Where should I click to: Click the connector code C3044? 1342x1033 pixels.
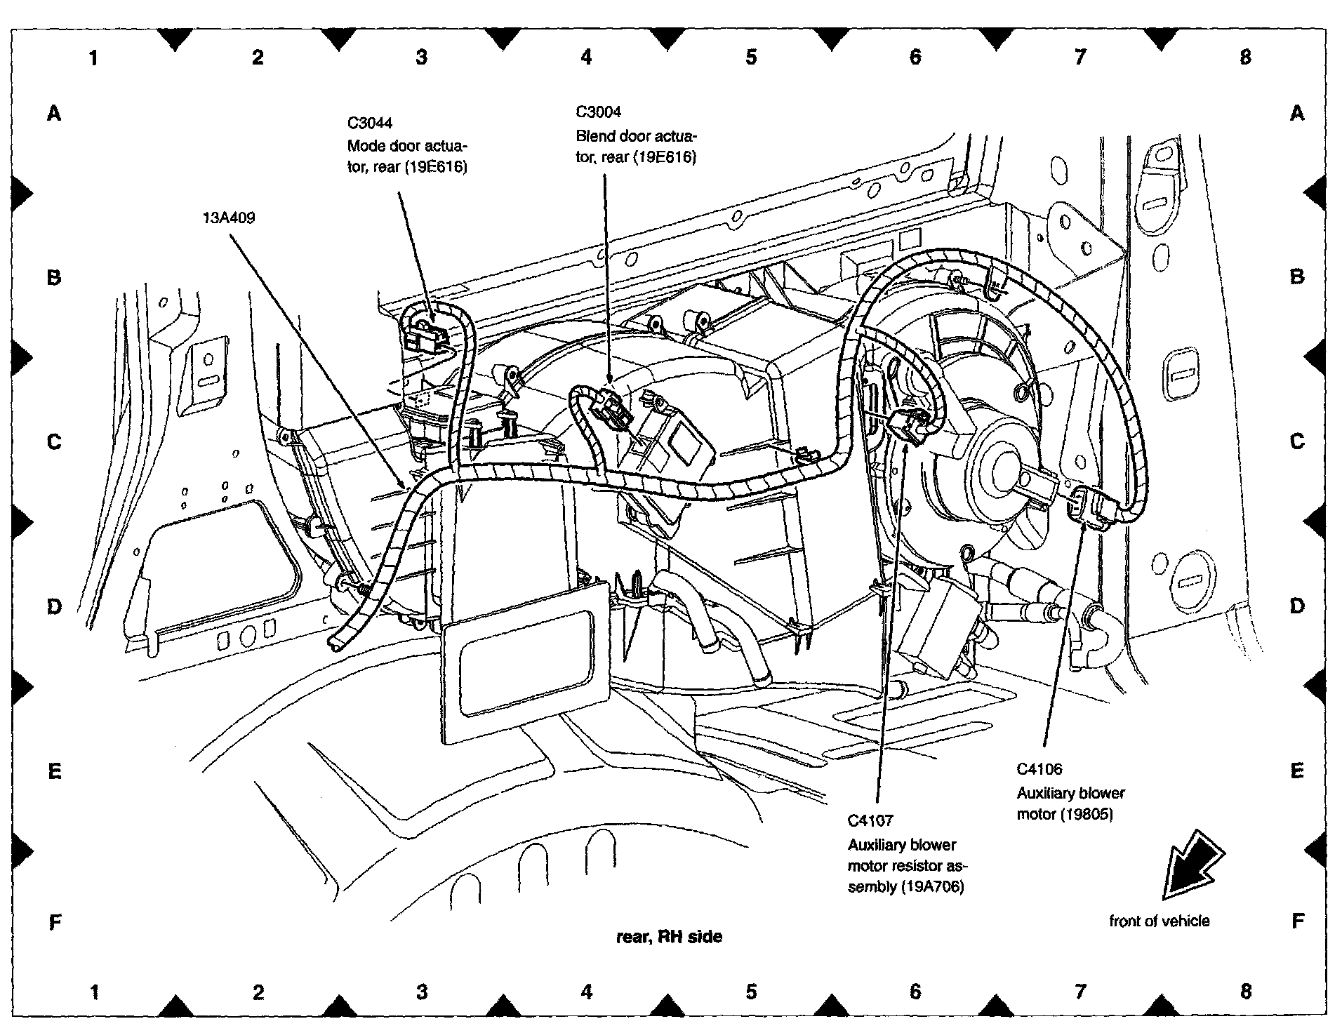[x=370, y=123]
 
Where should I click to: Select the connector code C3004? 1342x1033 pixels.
[x=598, y=112]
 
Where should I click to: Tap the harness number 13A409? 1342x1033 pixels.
[x=229, y=218]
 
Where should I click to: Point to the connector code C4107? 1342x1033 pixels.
[x=870, y=820]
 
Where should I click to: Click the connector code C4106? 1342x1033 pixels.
[x=1039, y=768]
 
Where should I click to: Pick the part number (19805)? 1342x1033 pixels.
[x=1086, y=814]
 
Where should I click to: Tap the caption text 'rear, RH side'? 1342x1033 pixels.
[x=669, y=936]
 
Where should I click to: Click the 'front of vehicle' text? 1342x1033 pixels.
[x=1159, y=921]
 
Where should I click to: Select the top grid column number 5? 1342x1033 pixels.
[x=751, y=57]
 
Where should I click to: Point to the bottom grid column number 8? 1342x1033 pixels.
[x=1245, y=991]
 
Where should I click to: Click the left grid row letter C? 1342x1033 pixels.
[x=54, y=442]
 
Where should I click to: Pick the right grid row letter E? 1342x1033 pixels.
[x=1296, y=771]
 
